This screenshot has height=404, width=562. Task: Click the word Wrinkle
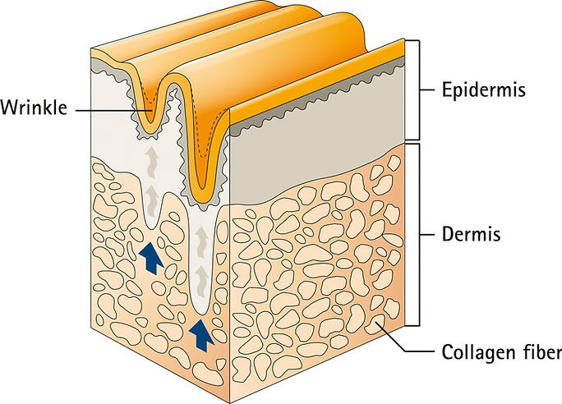coord(34,108)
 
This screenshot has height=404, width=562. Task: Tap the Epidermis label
coord(483,90)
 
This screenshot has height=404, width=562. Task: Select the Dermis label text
coord(471,234)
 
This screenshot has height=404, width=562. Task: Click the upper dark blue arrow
coord(150,257)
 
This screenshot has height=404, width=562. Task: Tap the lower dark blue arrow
coord(201,334)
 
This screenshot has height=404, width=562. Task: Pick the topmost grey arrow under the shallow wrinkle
coord(152,162)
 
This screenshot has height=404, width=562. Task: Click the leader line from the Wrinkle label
coord(113,110)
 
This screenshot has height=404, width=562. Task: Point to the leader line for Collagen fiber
coord(407,340)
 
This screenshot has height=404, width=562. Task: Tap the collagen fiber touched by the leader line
coord(375,324)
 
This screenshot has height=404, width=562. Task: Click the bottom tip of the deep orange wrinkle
coord(203,188)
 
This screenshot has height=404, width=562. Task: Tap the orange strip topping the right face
coord(317,81)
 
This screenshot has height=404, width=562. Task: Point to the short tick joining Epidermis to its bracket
coord(427,90)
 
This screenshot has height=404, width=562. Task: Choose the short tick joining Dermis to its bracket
coord(427,235)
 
